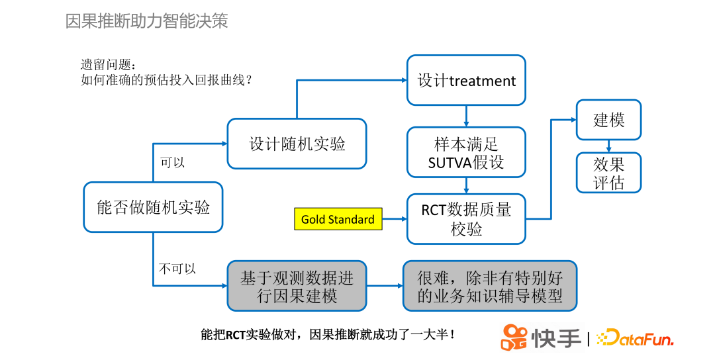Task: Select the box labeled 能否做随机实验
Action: point(153,207)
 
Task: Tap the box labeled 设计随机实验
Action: point(297,144)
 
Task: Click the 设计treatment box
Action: point(466,80)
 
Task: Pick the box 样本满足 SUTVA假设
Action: point(466,153)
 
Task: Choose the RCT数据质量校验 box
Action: point(466,219)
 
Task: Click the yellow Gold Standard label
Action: point(338,219)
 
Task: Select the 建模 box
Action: point(608,120)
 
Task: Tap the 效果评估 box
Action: point(608,173)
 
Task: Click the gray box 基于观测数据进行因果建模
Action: point(297,286)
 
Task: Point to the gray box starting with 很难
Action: point(490,286)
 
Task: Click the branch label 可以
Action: point(172,162)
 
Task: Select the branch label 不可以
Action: point(177,269)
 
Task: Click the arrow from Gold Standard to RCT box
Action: point(395,219)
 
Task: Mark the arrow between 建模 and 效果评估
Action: point(608,146)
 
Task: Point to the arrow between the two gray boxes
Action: point(385,286)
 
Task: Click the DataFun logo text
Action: point(636,338)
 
